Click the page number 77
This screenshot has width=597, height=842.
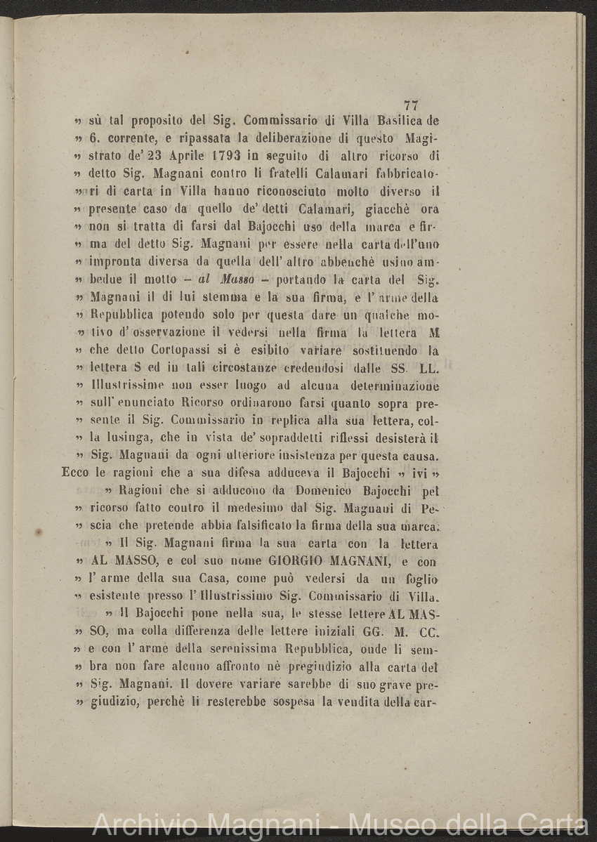click(412, 105)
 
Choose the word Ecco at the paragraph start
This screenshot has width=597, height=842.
click(76, 472)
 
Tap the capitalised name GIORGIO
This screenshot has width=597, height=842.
click(300, 562)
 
